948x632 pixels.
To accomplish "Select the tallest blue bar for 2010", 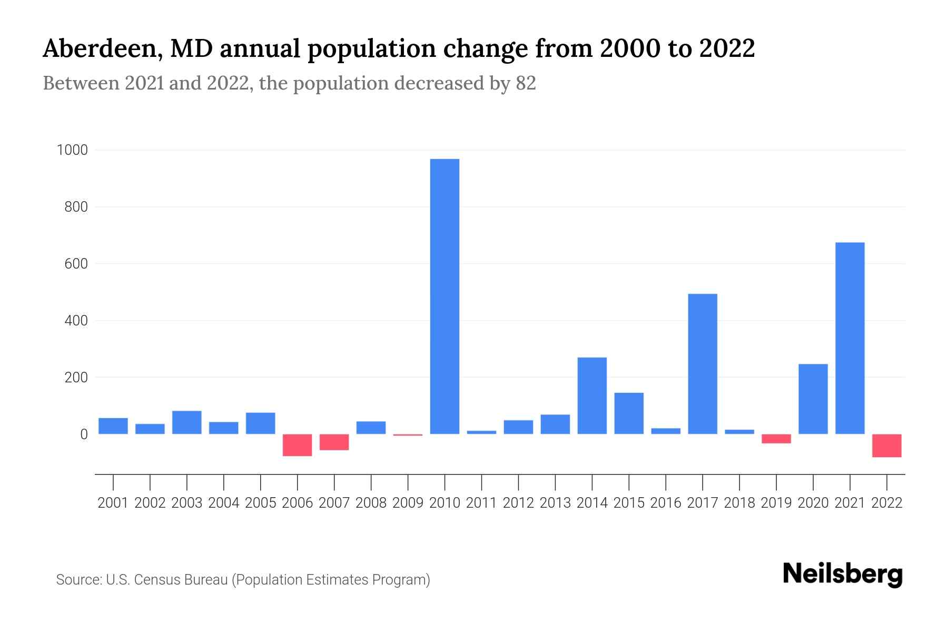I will [445, 296].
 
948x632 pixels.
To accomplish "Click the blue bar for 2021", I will [850, 338].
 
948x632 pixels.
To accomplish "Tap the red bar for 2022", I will [886, 446].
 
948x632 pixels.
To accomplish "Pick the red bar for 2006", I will [297, 445].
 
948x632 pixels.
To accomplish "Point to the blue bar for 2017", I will [703, 363].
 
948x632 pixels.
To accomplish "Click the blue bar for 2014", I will [592, 396].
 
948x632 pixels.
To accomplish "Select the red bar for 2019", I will [776, 439].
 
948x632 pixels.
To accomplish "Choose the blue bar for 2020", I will [813, 399].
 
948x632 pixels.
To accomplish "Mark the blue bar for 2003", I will [186, 422].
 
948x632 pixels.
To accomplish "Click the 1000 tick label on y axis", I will [72, 151].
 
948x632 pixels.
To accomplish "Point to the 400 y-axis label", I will [76, 321].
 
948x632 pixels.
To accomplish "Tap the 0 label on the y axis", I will [84, 434].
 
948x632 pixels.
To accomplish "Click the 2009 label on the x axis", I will [408, 503].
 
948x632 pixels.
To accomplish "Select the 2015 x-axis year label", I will [629, 503].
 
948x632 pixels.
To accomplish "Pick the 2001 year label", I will [113, 503].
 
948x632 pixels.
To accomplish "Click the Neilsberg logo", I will [843, 574].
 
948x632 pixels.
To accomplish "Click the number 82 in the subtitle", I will [526, 83].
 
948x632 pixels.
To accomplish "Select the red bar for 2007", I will [334, 442].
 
